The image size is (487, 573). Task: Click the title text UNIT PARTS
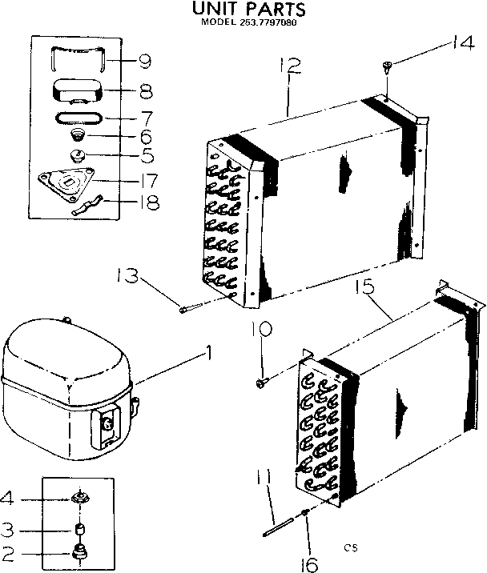248,10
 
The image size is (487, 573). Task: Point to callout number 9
145,61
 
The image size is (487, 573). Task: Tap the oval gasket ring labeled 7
76,118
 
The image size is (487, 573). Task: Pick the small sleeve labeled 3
79,529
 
